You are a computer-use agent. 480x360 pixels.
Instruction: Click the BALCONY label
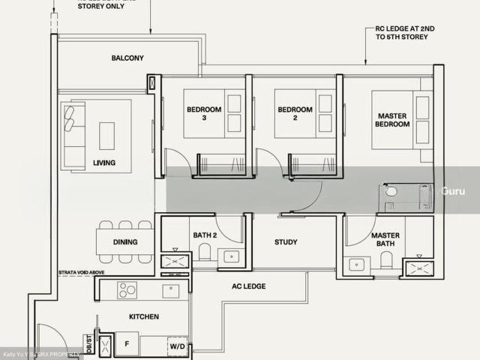pyautogui.click(x=127, y=58)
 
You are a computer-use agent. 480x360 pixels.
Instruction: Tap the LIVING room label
pyautogui.click(x=104, y=162)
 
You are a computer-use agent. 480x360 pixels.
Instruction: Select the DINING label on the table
pyautogui.click(x=124, y=243)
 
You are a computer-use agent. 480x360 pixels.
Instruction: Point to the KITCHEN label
pyautogui.click(x=143, y=316)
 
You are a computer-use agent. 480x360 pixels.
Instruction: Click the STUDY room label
pyautogui.click(x=286, y=242)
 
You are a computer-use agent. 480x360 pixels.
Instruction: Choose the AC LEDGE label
pyautogui.click(x=250, y=286)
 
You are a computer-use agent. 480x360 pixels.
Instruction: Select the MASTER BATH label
pyautogui.click(x=385, y=239)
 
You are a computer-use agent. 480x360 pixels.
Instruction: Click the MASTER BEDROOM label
pyautogui.click(x=393, y=119)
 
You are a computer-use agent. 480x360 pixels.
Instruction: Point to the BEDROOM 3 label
pyautogui.click(x=205, y=114)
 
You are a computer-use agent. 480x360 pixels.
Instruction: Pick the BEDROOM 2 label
pyautogui.click(x=295, y=114)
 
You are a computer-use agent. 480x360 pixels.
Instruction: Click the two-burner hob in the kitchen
pyautogui.click(x=126, y=290)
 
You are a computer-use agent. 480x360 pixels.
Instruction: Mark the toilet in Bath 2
pyautogui.click(x=204, y=253)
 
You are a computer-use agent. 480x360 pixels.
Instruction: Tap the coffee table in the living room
pyautogui.click(x=106, y=136)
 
